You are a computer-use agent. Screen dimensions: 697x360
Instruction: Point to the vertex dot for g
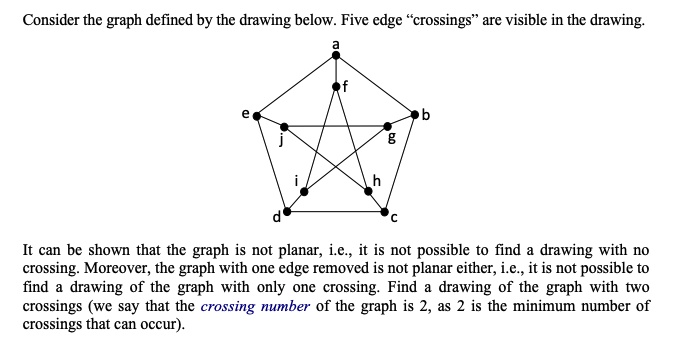[389, 127]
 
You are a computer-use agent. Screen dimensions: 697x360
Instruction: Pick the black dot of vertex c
[385, 212]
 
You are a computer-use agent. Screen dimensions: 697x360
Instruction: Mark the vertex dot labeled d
[288, 212]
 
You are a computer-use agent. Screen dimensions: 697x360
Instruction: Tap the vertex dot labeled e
[257, 116]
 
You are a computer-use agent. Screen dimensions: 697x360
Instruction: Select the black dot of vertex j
[284, 127]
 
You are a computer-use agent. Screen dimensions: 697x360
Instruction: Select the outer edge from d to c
[336, 212]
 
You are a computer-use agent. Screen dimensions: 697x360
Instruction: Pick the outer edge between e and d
[272, 164]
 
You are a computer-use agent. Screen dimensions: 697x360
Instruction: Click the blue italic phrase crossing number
[256, 306]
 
